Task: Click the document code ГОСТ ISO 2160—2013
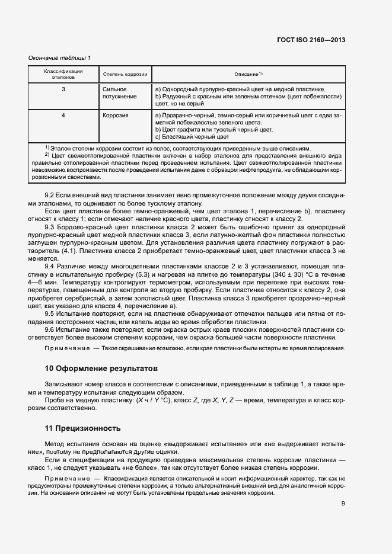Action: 311,40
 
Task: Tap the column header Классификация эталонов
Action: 63,74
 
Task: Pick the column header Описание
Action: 248,74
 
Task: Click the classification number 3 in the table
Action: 63,89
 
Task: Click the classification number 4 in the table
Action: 63,115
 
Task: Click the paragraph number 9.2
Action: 50,196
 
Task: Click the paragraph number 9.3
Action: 50,228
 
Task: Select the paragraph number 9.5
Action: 50,313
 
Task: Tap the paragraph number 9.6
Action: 50,329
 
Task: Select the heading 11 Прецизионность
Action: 82,428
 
